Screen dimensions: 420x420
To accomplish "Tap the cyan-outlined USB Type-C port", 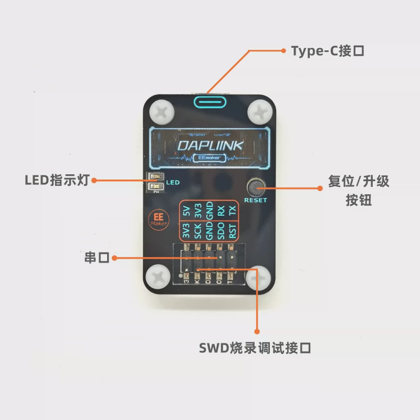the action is (211, 100).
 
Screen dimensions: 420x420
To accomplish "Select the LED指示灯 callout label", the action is (57, 180).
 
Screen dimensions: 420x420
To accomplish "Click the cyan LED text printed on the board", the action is (173, 183).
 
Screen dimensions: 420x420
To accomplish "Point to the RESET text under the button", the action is (256, 200).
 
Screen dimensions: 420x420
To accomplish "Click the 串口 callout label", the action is (96, 258).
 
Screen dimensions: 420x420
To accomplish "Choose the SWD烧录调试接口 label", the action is (255, 348).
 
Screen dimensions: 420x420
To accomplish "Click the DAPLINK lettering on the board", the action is (210, 145).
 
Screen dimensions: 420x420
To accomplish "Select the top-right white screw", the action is (260, 111).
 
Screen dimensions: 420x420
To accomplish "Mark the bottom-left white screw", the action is (158, 279).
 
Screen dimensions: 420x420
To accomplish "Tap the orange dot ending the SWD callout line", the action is (257, 331).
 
